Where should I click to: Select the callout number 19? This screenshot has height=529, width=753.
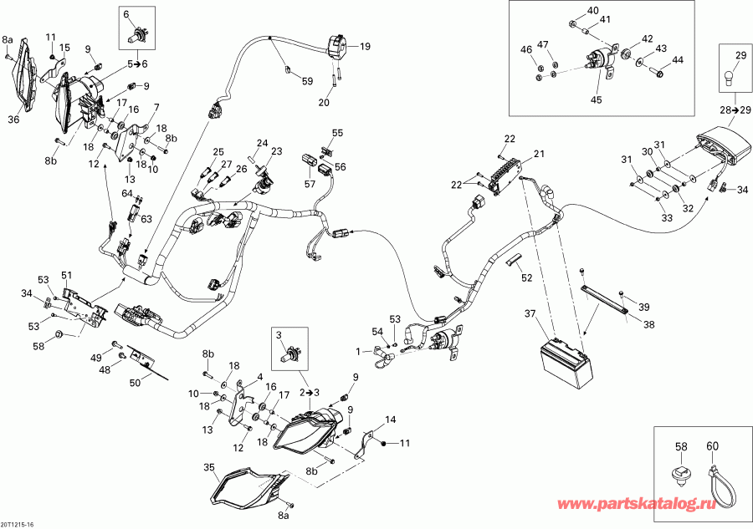(364, 48)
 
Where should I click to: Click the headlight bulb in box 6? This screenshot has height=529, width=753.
(137, 36)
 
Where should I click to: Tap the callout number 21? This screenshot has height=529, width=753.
(539, 154)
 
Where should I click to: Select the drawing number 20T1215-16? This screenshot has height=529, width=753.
(18, 522)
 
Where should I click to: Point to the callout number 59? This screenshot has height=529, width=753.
(307, 81)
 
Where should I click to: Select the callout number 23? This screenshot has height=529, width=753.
(277, 151)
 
